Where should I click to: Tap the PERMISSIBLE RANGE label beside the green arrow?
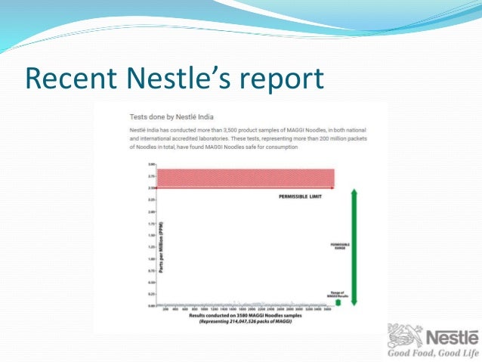338,246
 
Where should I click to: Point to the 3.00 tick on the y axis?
151,164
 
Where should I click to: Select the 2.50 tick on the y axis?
151,187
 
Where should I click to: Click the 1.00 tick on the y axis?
151,258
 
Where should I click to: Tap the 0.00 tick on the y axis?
151,305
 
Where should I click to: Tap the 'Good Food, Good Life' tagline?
433,353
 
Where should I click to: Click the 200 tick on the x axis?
165,310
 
